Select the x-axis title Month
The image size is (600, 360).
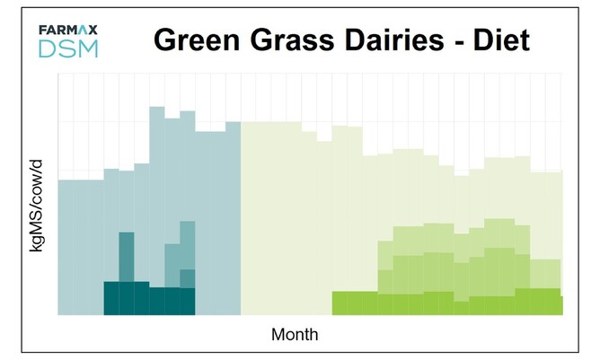click(x=295, y=334)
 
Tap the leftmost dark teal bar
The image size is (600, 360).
click(x=111, y=298)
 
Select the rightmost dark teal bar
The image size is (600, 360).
click(x=187, y=301)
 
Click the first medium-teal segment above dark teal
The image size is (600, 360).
click(x=127, y=257)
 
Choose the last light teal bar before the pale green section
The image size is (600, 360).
click(x=233, y=215)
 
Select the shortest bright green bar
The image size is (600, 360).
click(x=462, y=308)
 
